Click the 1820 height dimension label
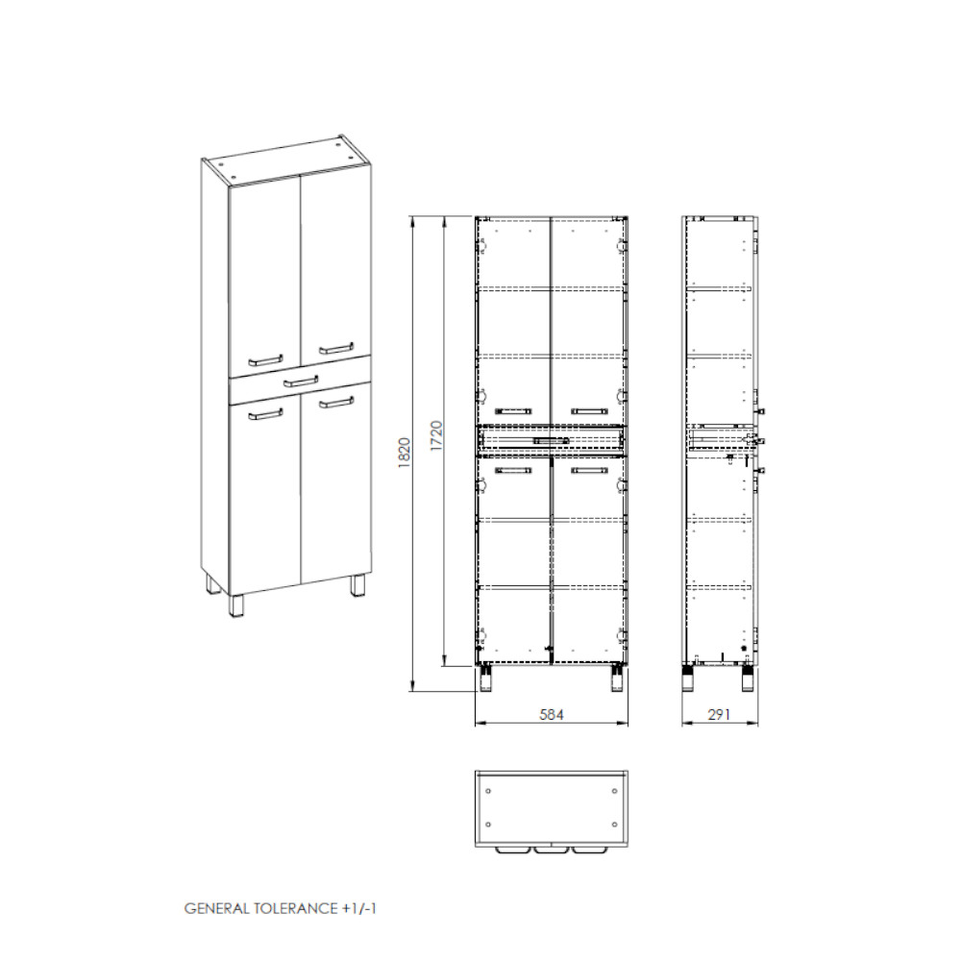405,453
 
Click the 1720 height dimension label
436,436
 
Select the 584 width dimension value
552,714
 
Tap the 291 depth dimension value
719,714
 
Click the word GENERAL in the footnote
216,908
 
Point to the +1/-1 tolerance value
358,908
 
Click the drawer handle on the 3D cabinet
301,382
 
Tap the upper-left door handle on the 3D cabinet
265,360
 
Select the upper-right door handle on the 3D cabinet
335,348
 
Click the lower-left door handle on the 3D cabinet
265,414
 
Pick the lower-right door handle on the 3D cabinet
335,402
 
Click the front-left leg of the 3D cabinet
235,604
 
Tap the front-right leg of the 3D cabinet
357,585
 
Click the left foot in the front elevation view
486,679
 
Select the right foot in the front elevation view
618,679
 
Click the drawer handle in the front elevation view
552,441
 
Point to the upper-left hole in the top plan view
488,791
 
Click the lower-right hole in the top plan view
615,824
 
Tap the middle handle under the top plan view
552,850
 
